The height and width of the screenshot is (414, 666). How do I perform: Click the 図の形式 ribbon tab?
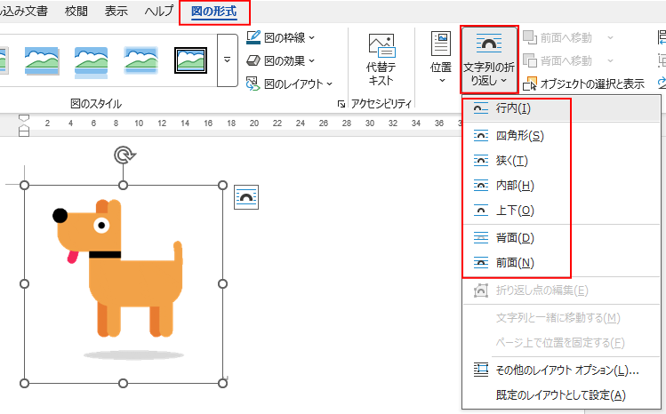214,12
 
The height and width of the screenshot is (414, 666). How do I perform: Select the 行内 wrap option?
513,108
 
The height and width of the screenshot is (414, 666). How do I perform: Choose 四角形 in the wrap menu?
518,136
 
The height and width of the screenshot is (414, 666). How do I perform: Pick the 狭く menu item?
511,161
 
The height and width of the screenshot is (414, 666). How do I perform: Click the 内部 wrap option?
515,186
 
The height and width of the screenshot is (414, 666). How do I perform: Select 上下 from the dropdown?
515,211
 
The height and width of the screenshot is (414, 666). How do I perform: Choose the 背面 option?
515,238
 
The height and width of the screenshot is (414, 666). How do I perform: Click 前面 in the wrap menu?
515,262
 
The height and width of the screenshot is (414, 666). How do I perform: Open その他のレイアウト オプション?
567,370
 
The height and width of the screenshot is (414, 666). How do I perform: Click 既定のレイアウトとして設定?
560,394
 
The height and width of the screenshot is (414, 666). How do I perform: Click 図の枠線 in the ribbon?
287,37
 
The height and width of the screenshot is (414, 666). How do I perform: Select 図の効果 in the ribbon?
287,60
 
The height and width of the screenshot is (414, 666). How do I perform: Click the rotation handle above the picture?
124,156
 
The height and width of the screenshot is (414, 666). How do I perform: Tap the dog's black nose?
60,215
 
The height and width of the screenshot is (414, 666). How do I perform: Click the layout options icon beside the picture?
245,197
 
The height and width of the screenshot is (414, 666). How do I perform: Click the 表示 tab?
116,12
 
